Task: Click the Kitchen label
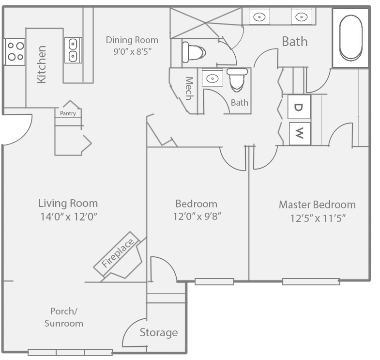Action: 42,64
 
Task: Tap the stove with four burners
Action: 15,52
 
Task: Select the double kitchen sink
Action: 73,50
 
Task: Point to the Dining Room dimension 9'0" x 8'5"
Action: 132,52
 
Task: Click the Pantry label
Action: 68,113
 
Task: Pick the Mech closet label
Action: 189,88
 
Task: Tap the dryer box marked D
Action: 299,107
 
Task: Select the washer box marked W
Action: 300,134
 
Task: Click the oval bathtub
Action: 350,38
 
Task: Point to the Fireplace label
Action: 117,252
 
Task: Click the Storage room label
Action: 159,332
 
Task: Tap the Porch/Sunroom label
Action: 64,317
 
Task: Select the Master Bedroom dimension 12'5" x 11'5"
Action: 318,219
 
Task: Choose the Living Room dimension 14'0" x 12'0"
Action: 69,217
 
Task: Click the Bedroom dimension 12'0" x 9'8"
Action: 197,216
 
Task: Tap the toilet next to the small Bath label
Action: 237,79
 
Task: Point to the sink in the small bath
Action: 213,78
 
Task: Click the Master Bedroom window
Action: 311,282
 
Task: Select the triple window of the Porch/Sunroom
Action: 70,352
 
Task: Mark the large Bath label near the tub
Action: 295,42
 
